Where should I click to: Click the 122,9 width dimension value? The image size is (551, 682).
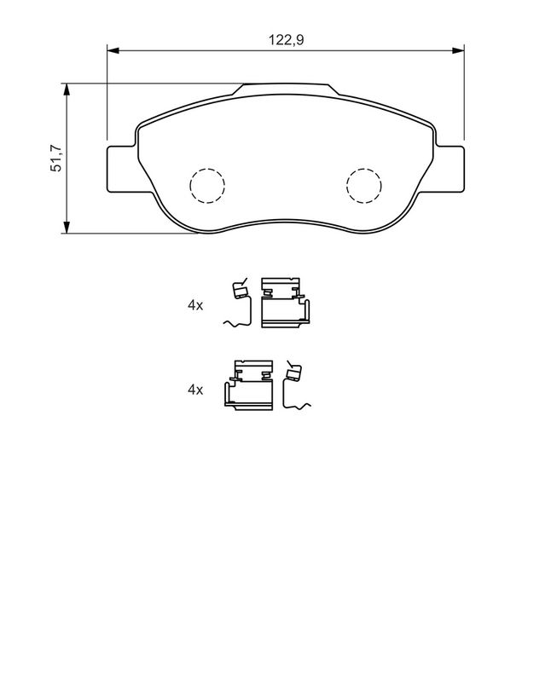pos(286,40)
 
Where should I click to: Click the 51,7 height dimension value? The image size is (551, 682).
pos(57,158)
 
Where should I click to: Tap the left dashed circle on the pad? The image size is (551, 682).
pos(207,185)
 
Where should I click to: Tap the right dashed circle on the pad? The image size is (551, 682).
pos(364,185)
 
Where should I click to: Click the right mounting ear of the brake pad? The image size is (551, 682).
pos(449,169)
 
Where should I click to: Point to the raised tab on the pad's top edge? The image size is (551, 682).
pos(286,90)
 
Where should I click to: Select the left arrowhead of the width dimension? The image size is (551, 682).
pos(113,50)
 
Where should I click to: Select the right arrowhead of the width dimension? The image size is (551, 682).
pos(458,50)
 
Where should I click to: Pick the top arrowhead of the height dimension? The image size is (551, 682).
pos(67,90)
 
